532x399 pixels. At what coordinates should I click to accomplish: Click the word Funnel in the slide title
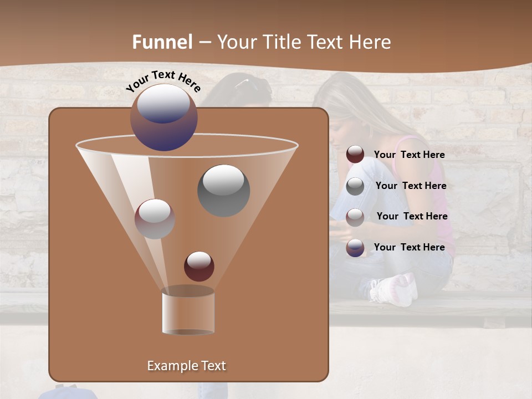coord(162,42)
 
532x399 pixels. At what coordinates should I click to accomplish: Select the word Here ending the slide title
coord(371,42)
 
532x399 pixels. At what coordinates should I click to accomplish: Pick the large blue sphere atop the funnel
coord(164,117)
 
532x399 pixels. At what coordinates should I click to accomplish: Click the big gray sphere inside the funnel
coord(224,190)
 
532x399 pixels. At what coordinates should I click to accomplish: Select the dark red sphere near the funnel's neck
coord(199,266)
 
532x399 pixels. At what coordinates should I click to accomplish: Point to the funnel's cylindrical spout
coord(188,311)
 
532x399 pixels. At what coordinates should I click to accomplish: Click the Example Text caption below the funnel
coord(186,366)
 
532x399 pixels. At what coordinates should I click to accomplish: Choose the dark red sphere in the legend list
coord(355,155)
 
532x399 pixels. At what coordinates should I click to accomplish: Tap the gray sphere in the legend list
coord(355,186)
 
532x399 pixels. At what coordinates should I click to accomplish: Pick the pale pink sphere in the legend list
coord(355,217)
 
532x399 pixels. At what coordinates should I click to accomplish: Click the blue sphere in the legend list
coord(355,247)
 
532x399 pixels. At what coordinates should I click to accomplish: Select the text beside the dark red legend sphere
coord(409,155)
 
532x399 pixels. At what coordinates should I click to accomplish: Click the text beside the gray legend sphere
coord(411,186)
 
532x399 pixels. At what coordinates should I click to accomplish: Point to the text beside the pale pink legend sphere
coord(412,216)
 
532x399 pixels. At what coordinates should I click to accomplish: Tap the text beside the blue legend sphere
coord(409,247)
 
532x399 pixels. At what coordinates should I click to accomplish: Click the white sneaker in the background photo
coord(395,289)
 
